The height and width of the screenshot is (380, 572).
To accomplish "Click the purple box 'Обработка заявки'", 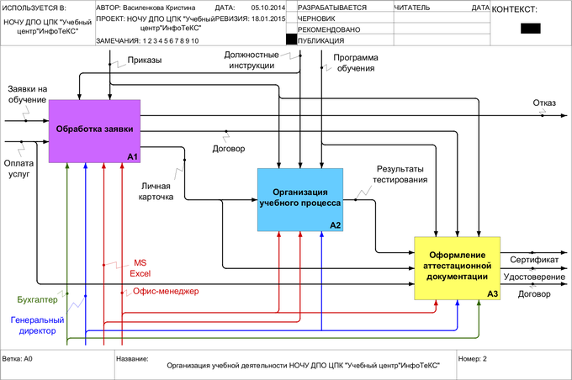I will (94, 130).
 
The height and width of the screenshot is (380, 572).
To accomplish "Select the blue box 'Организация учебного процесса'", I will (300, 199).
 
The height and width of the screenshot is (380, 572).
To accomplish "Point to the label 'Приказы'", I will (145, 61).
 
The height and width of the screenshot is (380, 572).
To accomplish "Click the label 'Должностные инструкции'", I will (252, 60).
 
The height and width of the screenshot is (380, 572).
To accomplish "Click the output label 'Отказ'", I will (544, 103).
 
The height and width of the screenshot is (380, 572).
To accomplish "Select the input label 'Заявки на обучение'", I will (27, 94).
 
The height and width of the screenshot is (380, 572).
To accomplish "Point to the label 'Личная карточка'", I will (156, 191).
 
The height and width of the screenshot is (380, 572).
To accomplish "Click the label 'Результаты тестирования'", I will (400, 175).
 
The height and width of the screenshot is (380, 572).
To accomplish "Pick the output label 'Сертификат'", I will (532, 261).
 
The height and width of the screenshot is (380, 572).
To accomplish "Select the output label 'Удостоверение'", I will (533, 277).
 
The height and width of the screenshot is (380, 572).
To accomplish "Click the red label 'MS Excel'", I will (140, 267).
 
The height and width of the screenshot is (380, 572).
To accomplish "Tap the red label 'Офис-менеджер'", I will (165, 292).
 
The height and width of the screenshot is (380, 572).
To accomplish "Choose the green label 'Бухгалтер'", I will (37, 299).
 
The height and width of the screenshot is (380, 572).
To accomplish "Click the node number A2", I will (335, 224).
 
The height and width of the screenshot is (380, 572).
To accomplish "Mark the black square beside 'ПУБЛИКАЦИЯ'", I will (291, 39).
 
